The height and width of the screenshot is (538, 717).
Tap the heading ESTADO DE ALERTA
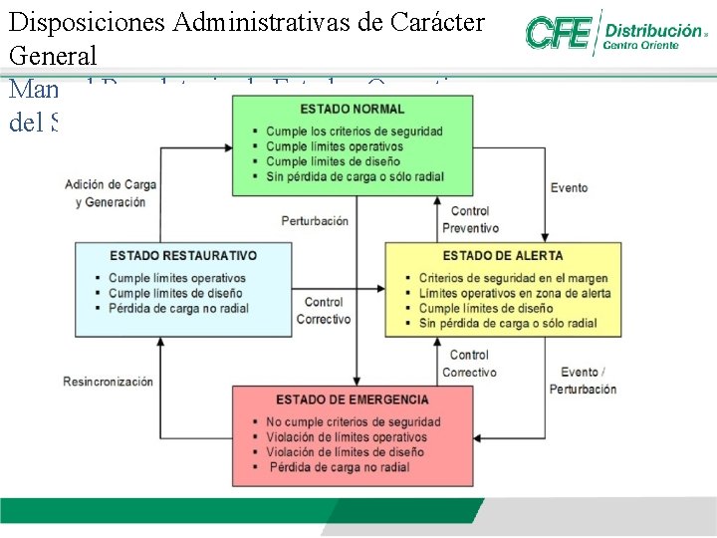[503, 256]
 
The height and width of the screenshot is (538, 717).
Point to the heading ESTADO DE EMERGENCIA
[353, 400]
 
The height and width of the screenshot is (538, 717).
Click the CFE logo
[561, 33]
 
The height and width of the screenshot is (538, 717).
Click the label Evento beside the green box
[570, 187]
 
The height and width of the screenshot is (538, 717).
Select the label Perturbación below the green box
[315, 220]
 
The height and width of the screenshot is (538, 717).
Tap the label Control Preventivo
[470, 220]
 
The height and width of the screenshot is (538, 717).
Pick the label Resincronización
[109, 382]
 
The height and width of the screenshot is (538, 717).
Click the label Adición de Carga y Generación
[110, 193]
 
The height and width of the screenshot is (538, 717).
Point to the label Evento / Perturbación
[583, 381]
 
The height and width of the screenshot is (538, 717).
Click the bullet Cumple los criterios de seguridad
[354, 132]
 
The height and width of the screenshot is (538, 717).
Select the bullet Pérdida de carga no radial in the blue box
[178, 308]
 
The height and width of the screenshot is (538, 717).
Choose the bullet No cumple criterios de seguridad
[353, 422]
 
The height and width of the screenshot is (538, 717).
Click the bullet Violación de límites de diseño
[345, 452]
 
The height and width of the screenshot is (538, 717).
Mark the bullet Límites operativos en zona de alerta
[515, 293]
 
